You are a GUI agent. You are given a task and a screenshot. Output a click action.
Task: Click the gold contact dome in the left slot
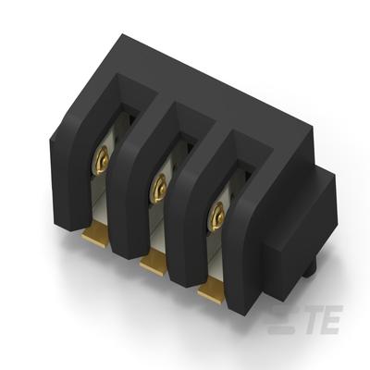pos(102,161)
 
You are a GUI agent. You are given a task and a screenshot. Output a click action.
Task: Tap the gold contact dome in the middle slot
pos(159,189)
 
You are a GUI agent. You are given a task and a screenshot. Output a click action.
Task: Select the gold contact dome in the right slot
pos(216,216)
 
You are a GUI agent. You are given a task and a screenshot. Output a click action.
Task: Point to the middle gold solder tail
pos(154,261)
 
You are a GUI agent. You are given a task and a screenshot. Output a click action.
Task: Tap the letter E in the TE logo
pos(332,319)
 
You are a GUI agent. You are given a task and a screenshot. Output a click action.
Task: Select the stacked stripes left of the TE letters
pos(280,319)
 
